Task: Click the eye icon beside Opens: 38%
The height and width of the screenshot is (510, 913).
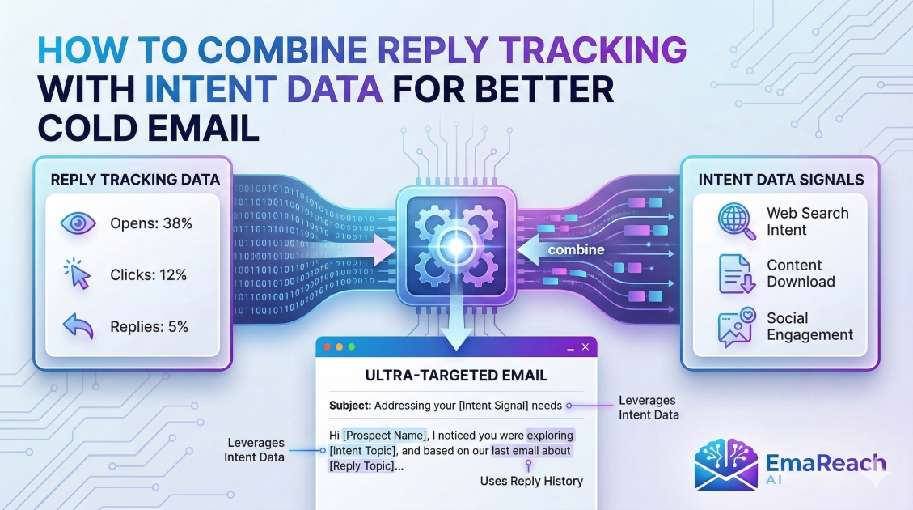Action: [78, 223]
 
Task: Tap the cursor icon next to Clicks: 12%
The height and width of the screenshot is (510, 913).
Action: [78, 275]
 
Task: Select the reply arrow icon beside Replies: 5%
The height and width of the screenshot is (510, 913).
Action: [78, 327]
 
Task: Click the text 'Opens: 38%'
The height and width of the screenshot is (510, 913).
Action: [151, 223]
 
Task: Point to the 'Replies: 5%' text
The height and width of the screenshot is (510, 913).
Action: [149, 327]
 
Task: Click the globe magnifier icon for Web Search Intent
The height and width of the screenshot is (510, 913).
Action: [735, 221]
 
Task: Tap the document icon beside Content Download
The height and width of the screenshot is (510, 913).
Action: [735, 274]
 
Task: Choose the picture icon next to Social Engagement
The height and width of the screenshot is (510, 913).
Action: [735, 326]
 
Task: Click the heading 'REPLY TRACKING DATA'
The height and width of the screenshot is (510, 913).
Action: [133, 180]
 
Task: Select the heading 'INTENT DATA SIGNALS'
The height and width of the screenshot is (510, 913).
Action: [781, 180]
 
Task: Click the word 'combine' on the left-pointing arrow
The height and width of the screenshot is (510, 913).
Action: [576, 250]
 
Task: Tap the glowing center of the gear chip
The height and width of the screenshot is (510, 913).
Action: [456, 245]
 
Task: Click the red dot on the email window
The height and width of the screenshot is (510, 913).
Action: [328, 346]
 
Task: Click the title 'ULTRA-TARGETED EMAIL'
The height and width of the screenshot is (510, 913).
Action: [456, 376]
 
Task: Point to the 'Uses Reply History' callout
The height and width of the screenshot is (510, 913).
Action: [530, 481]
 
